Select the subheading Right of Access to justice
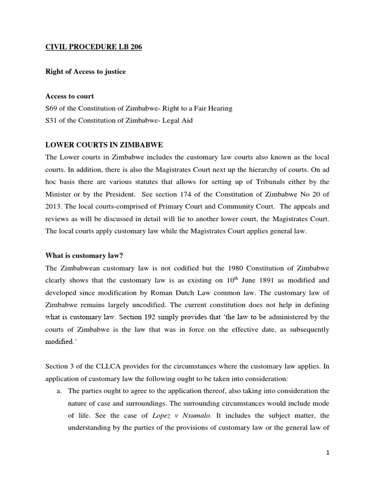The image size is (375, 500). (85, 72)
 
